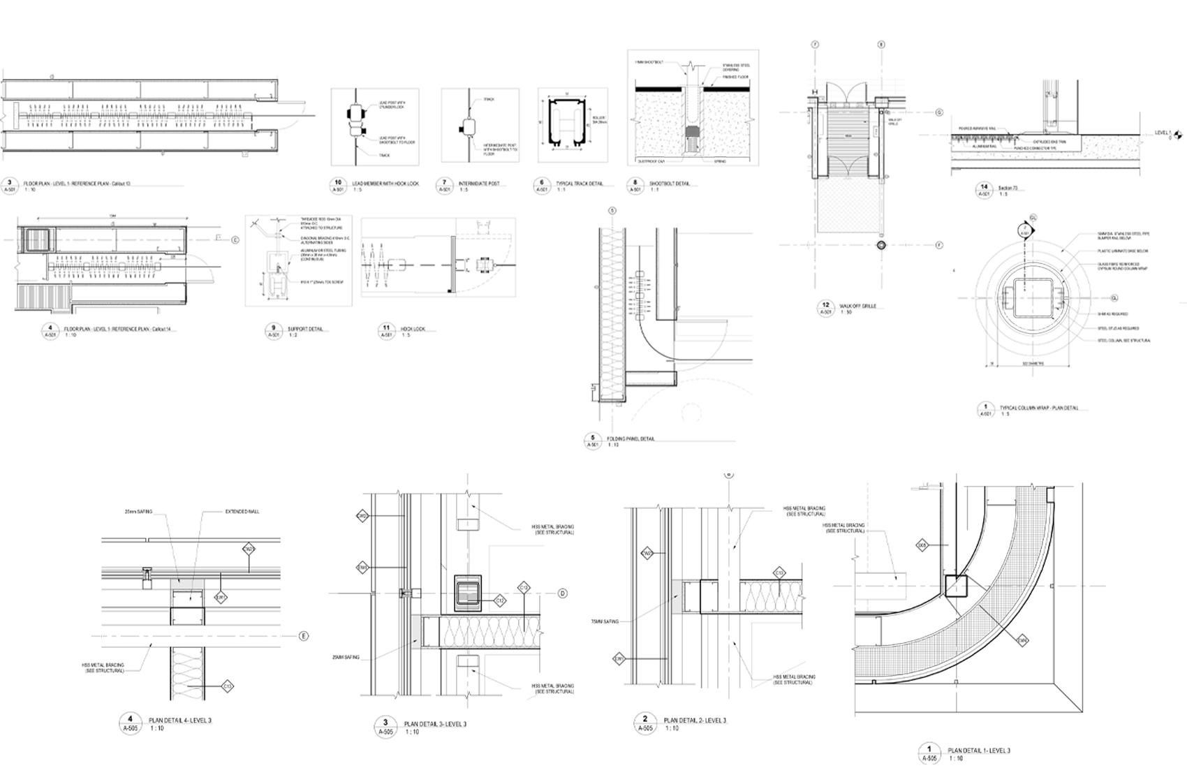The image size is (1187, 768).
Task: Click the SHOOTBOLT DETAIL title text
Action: point(669,184)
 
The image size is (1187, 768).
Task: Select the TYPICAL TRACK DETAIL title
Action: point(579,184)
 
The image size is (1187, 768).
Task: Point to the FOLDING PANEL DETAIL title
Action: point(631,439)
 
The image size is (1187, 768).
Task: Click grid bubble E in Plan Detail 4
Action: point(303,636)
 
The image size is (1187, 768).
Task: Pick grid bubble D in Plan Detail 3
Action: point(562,593)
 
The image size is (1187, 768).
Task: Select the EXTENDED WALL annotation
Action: point(242,512)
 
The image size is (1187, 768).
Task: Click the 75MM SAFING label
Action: point(605,621)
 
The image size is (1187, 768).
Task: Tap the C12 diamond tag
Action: point(500,600)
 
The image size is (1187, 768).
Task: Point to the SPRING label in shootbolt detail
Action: point(719,161)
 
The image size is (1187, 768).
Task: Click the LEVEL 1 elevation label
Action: point(1162,133)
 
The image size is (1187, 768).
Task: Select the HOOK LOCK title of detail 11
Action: point(413,329)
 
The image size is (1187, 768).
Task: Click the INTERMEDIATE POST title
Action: point(478,184)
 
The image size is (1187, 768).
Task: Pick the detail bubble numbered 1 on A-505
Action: point(929,750)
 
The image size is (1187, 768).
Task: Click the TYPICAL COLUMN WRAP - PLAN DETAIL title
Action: point(1039,408)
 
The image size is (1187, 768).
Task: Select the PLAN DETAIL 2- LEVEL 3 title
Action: point(695,721)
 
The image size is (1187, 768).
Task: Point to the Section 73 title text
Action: point(1008,188)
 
